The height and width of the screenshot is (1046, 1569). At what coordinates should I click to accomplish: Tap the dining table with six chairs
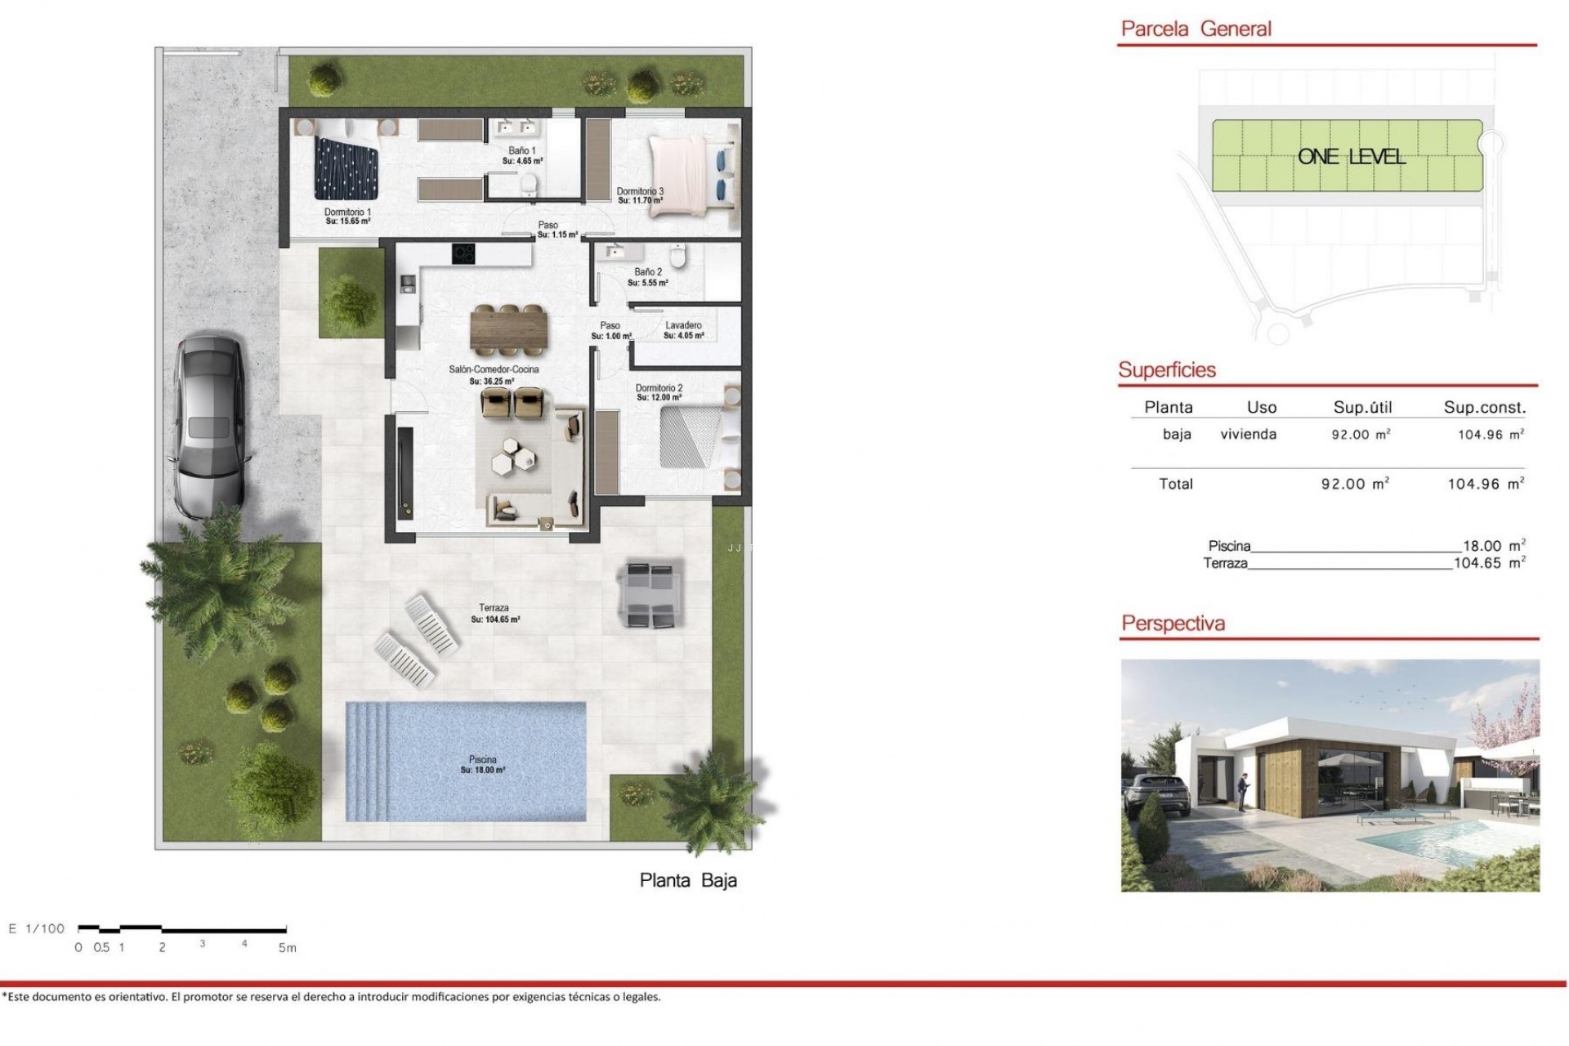point(509,330)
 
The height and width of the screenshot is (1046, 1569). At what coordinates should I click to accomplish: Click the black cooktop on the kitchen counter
point(463,254)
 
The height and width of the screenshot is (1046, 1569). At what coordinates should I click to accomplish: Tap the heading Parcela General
point(1196,29)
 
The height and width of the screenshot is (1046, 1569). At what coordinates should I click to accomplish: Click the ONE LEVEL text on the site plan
point(1351,157)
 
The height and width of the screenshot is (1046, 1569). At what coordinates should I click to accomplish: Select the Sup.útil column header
point(1362,408)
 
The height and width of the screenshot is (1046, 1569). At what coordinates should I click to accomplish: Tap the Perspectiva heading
point(1173,624)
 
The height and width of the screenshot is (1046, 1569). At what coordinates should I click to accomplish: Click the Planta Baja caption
point(688,880)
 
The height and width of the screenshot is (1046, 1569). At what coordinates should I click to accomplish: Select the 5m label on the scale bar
point(287,948)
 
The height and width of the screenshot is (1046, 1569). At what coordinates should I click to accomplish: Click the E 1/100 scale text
point(37,928)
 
